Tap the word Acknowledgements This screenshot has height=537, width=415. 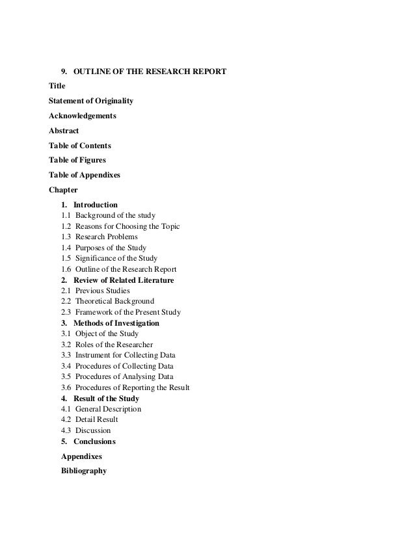[83, 116]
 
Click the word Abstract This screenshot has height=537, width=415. [64, 131]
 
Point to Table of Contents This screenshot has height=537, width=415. [80, 146]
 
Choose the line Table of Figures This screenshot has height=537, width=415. [77, 160]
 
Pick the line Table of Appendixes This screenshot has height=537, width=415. [85, 175]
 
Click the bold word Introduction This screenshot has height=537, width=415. [96, 205]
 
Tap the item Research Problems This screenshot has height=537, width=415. [106, 237]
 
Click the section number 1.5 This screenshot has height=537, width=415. [66, 259]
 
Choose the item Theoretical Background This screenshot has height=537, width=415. [114, 302]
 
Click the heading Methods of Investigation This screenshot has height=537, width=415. [116, 323]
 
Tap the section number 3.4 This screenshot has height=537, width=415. [66, 366]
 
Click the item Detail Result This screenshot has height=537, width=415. [96, 420]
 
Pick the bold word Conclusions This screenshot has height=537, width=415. [94, 441]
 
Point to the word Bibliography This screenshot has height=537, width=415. [84, 471]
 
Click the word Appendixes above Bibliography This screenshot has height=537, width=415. [81, 456]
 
